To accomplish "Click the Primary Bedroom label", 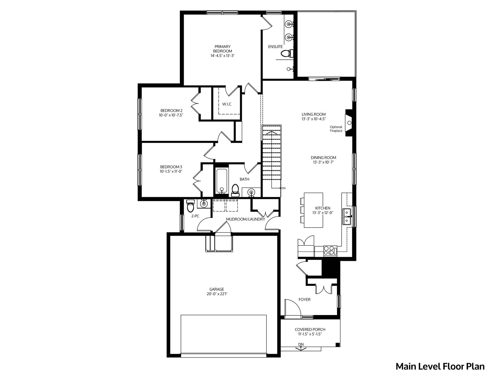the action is point(223,49).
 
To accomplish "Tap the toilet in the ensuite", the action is point(287,54).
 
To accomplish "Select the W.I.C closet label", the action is point(227,104).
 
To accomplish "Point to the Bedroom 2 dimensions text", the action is point(171,115).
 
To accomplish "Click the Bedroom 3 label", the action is point(171,167).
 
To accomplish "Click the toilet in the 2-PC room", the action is point(190,205).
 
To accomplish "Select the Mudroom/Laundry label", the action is point(245,219).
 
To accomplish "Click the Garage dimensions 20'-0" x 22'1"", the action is point(217,294).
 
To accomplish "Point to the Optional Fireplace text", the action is point(336,129).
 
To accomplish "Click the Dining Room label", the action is point(323,158).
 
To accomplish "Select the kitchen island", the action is point(314,210).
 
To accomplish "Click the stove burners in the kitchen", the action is point(330,251).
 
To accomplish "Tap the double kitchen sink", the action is point(347,217).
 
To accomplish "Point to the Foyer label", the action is point(305,300).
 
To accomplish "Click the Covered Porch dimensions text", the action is point(310,334).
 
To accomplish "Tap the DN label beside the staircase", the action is point(284,188).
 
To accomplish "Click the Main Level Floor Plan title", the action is point(440,367).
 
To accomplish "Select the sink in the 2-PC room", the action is point(204,204).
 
